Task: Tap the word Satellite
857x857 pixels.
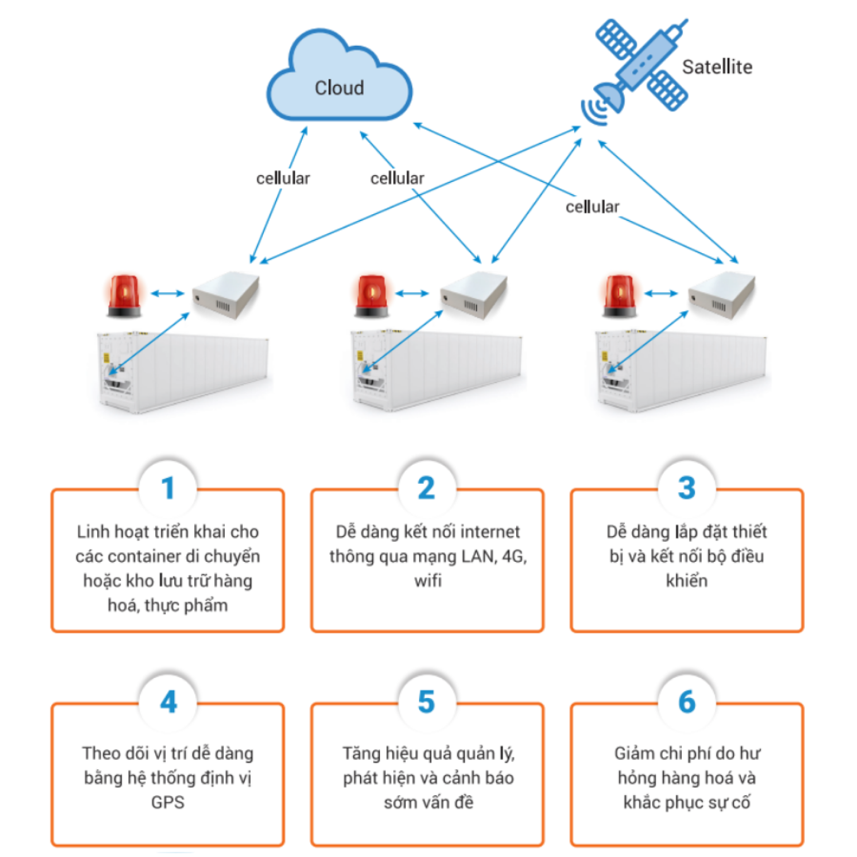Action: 717,67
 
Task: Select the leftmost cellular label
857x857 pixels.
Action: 283,179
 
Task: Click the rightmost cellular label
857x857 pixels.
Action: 592,207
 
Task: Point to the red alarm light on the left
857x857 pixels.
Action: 124,296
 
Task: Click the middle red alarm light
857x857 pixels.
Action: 372,296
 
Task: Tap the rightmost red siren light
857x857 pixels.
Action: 619,296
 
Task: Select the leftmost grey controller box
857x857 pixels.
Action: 226,295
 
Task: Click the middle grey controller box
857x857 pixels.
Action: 474,295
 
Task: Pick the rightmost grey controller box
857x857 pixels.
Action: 721,295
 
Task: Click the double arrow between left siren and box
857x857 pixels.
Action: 167,293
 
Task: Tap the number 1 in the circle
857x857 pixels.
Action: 167,488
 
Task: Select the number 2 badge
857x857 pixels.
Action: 427,488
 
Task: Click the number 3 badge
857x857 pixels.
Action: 687,488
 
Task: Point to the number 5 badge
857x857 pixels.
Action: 427,702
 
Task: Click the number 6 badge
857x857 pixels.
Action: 687,702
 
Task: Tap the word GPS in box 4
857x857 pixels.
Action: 167,802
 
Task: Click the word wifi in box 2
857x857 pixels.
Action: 428,581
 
